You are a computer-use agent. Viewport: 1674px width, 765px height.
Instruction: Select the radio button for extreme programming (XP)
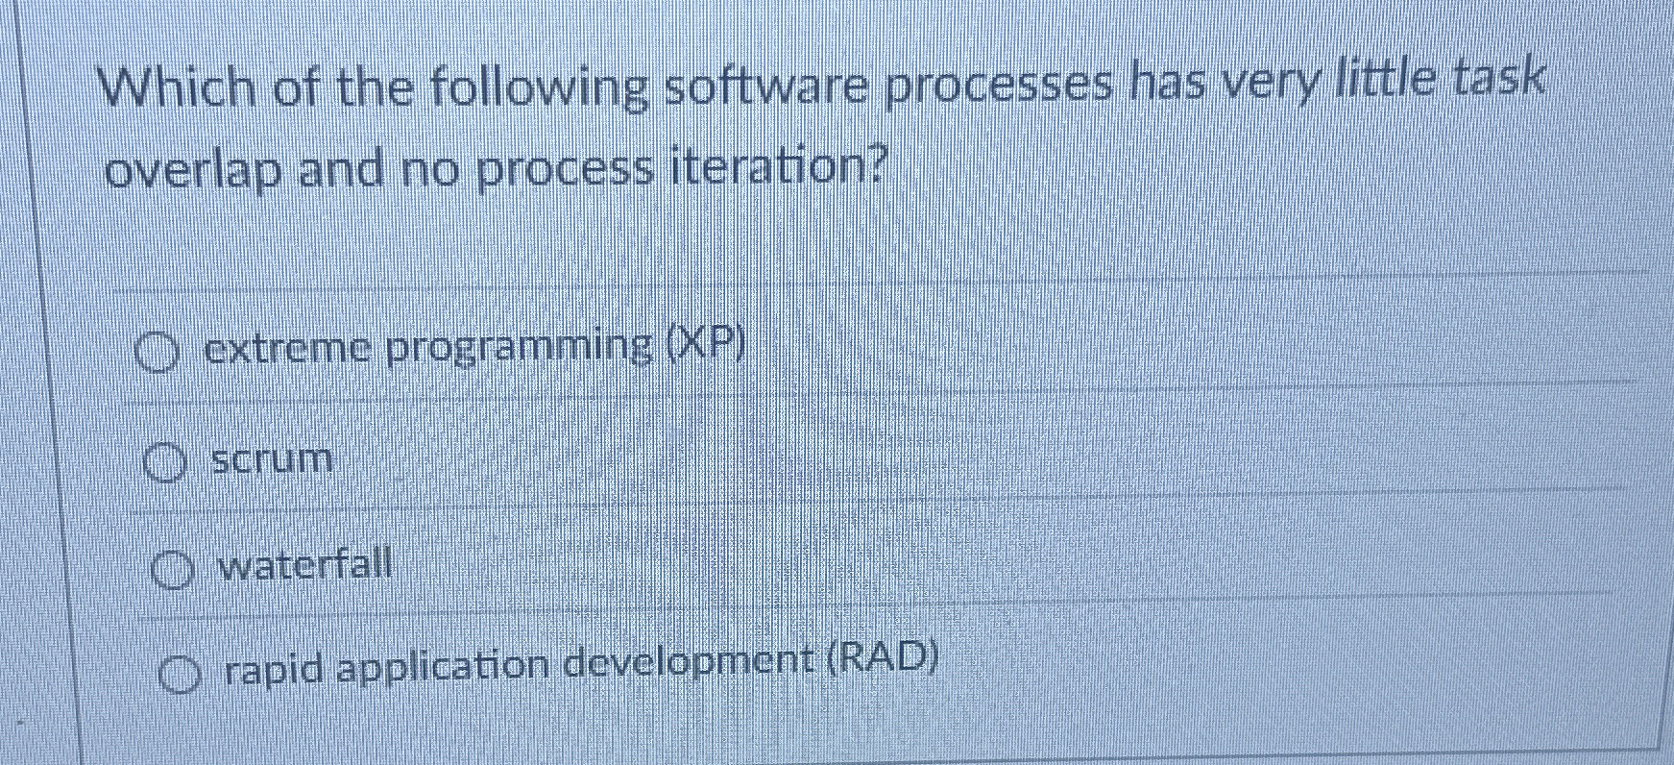(157, 354)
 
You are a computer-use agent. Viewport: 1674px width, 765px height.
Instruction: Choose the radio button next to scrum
(164, 464)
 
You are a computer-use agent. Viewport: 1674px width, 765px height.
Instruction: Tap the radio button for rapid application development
(181, 676)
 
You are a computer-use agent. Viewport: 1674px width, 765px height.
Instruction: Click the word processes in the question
(999, 86)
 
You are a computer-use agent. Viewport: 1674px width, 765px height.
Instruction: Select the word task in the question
(1499, 79)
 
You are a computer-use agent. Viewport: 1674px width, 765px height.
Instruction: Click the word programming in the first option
(520, 349)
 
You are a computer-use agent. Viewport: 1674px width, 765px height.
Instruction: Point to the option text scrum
(272, 459)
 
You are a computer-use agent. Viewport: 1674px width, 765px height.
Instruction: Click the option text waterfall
(305, 564)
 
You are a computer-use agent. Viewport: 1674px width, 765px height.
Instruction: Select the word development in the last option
(691, 661)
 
